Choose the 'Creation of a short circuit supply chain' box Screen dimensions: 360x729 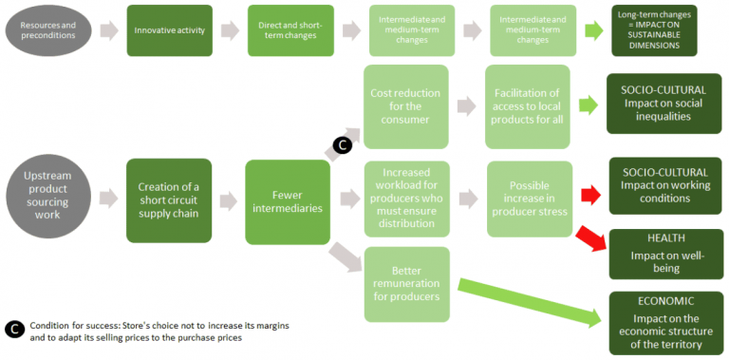pyautogui.click(x=169, y=199)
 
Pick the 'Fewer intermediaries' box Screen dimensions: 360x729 pyautogui.click(x=287, y=199)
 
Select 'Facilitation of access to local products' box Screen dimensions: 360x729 pyautogui.click(x=527, y=106)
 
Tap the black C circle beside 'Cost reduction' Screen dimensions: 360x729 pyautogui.click(x=342, y=145)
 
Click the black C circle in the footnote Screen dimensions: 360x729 pyautogui.click(x=13, y=330)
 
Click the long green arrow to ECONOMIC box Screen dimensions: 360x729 pyautogui.click(x=532, y=302)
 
